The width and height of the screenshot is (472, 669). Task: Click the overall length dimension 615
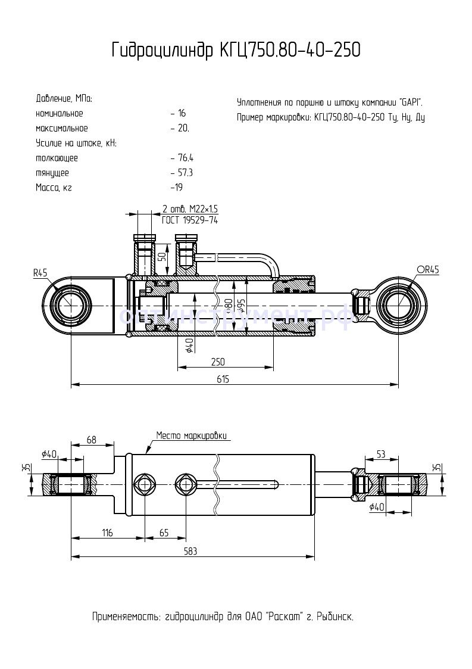click(223, 379)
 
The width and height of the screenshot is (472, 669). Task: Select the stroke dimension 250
click(218, 362)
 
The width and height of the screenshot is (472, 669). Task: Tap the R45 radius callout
click(40, 273)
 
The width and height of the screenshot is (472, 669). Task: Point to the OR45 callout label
click(427, 270)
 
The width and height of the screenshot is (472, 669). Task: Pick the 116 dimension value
click(107, 533)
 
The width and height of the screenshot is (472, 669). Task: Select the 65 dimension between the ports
click(164, 533)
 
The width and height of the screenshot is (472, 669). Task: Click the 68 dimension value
click(91, 440)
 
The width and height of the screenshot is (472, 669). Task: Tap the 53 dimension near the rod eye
click(382, 455)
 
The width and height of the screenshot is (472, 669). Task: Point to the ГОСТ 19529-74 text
click(190, 220)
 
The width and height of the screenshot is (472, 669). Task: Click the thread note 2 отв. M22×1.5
click(190, 209)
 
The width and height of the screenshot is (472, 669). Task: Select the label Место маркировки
click(192, 435)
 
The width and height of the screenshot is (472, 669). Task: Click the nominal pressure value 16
click(182, 113)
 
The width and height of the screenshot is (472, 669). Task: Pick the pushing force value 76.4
click(185, 158)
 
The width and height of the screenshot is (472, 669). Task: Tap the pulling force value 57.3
click(185, 173)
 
